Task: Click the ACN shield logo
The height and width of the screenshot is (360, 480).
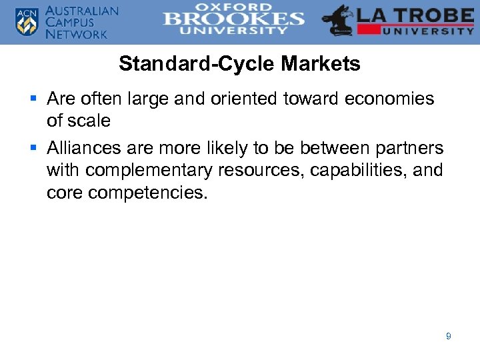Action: point(27,21)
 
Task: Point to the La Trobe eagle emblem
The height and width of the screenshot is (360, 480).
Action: point(339,21)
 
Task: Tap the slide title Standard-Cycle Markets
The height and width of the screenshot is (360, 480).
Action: point(239,64)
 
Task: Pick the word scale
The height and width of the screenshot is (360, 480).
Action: point(88,121)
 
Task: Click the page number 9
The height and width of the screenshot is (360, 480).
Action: point(448,337)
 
